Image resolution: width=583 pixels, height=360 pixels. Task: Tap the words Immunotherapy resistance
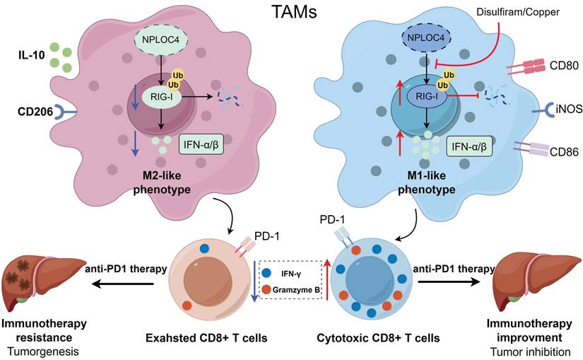click(x=44, y=330)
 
